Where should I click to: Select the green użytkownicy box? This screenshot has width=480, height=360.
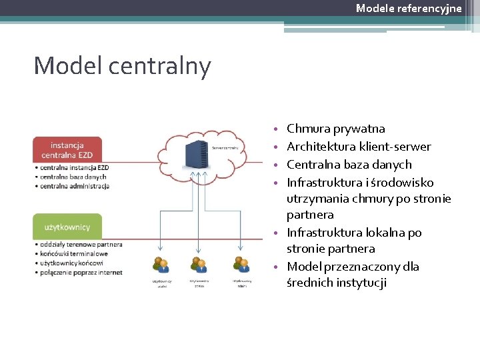pyautogui.click(x=67, y=227)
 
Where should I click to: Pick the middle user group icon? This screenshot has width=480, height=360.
pyautogui.click(x=198, y=265)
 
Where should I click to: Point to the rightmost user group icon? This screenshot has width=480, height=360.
pyautogui.click(x=242, y=265)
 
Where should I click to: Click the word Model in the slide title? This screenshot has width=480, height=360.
pyautogui.click(x=63, y=66)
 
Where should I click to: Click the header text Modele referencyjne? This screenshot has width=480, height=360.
pyautogui.click(x=408, y=8)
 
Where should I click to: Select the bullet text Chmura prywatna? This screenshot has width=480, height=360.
pyautogui.click(x=335, y=129)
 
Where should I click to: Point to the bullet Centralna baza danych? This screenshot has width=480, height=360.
pyautogui.click(x=349, y=165)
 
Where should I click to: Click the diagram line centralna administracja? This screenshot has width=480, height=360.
pyautogui.click(x=74, y=186)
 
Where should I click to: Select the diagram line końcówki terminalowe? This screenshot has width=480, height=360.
pyautogui.click(x=74, y=253)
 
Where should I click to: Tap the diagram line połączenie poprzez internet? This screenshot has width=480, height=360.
pyautogui.click(x=80, y=272)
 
